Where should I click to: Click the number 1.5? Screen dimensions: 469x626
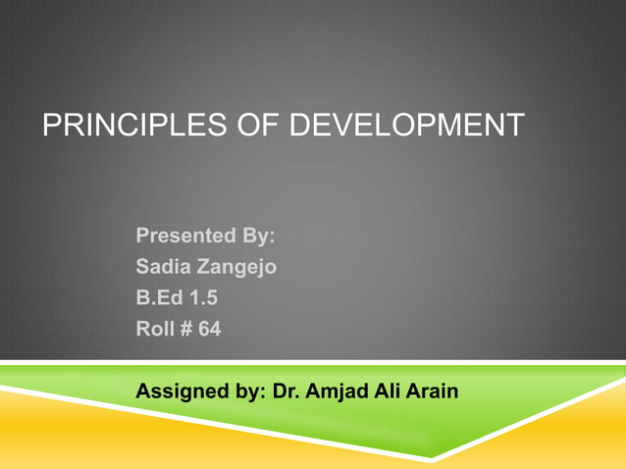coord(204,298)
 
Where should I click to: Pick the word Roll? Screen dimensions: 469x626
coord(155,330)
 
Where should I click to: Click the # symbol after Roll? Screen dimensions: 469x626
coord(185,330)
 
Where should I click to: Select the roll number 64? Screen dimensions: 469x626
coord(210,330)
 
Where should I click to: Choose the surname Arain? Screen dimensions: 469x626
coord(433,391)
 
